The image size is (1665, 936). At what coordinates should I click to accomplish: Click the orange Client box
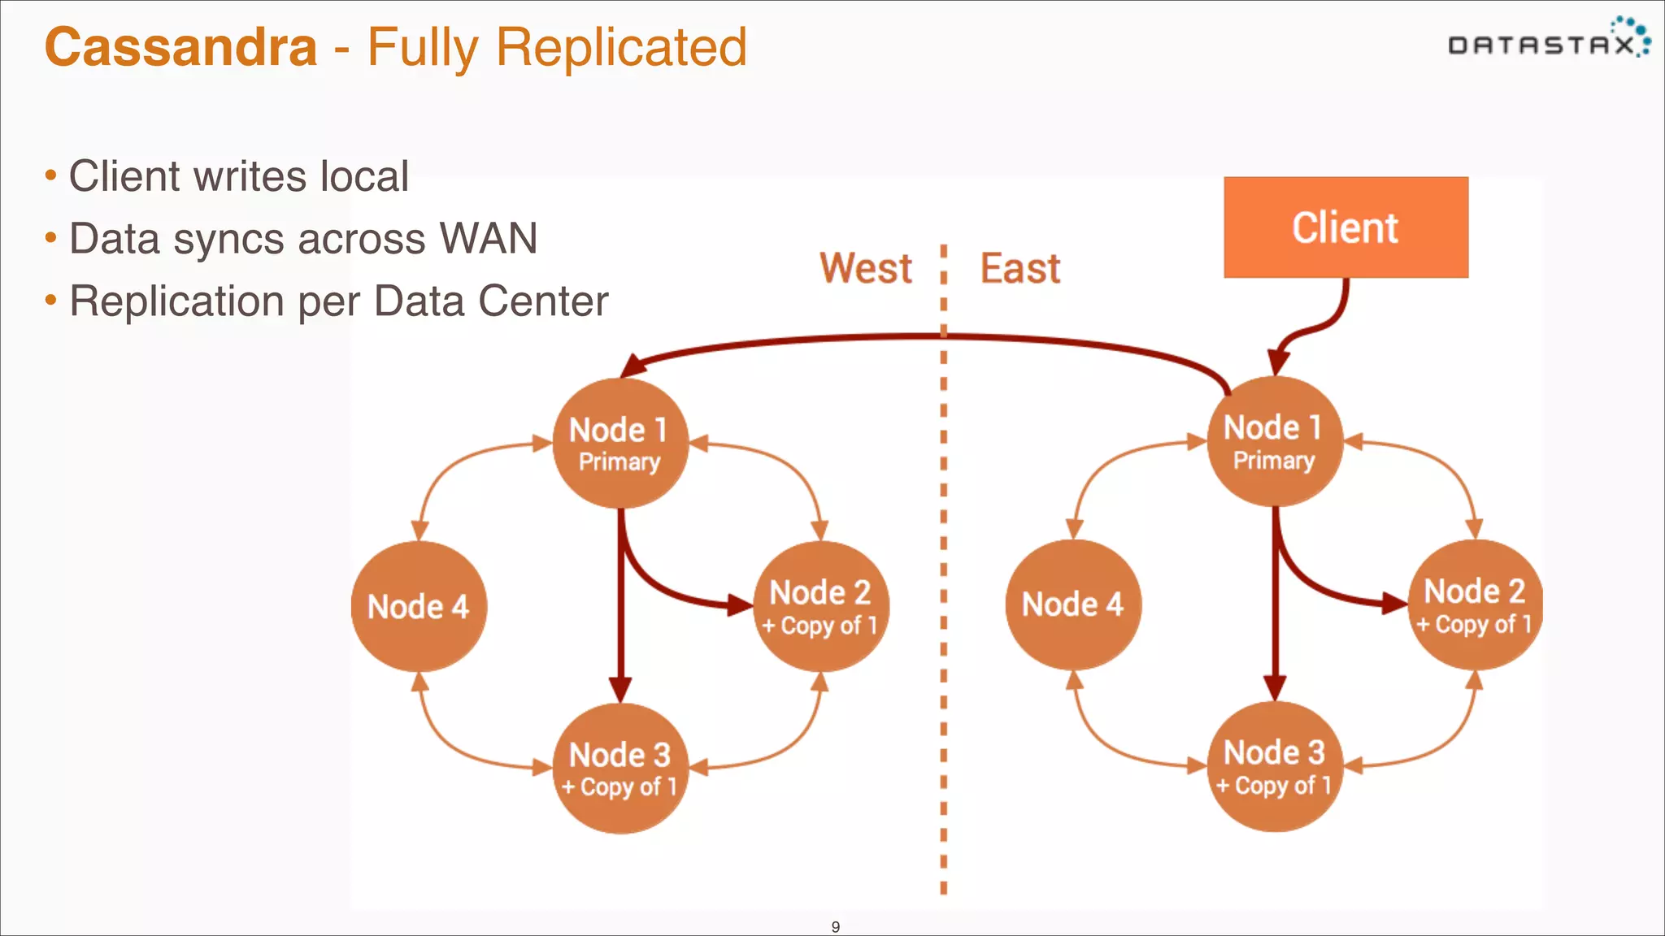coord(1345,227)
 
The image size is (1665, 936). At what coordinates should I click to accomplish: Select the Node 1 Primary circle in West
coord(619,444)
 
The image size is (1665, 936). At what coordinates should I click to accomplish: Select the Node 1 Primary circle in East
coord(1274,442)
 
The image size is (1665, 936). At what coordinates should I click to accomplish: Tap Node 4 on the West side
coord(419,607)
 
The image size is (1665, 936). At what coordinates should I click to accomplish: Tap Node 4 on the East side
coord(1073,604)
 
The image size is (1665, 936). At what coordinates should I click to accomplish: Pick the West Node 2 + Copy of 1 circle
coord(820,607)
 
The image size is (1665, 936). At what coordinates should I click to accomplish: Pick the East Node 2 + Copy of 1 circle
coord(1475,605)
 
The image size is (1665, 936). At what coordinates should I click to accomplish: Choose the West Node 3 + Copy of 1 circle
coord(619,769)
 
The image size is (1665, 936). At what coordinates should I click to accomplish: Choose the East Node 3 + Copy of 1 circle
coord(1274,767)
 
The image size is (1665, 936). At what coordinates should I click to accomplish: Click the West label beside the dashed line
coord(866,268)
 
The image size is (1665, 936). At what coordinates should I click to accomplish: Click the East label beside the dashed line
coord(1020,268)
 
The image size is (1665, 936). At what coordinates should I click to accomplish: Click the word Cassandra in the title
coord(180,47)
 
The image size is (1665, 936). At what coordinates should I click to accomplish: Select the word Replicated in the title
coord(621,47)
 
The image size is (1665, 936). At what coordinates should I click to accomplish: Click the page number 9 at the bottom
coord(835,926)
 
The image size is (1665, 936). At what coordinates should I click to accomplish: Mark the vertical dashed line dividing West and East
coord(943,569)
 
